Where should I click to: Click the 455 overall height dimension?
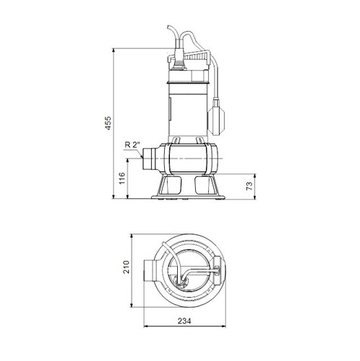pos(109,123)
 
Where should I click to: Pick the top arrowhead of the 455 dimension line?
pos(117,50)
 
